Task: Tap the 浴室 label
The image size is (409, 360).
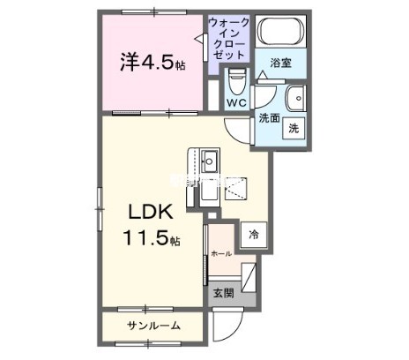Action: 281,64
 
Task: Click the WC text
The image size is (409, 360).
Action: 235,103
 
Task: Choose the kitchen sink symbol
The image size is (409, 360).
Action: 210,161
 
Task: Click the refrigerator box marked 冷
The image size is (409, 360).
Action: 254,235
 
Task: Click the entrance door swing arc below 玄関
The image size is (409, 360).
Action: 224,330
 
